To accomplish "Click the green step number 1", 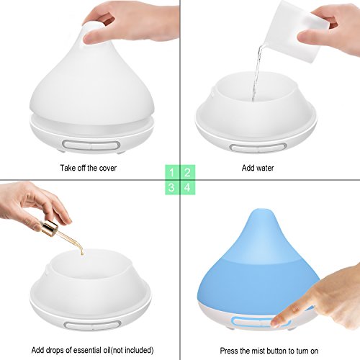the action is [x=172, y=172].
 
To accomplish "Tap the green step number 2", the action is [x=187, y=172].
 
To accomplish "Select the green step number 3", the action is [x=172, y=187].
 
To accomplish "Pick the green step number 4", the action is [x=187, y=187].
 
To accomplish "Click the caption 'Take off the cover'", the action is [x=89, y=168].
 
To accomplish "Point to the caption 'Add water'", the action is [x=258, y=168].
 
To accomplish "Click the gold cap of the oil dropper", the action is [x=50, y=228].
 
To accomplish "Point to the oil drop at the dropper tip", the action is [x=82, y=253].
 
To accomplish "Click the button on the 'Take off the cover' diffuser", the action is [x=91, y=145].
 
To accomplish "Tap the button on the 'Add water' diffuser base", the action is [x=258, y=147].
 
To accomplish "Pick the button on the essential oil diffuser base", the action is [x=92, y=325].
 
